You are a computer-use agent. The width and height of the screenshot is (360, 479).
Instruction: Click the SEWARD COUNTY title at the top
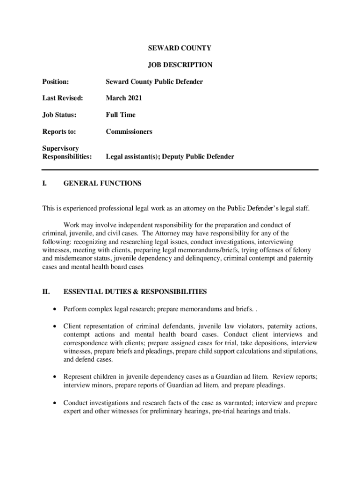pyautogui.click(x=180, y=48)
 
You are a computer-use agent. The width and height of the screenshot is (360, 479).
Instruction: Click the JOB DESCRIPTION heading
pyautogui.click(x=180, y=65)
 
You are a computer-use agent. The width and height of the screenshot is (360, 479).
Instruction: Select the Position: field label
pyautogui.click(x=56, y=82)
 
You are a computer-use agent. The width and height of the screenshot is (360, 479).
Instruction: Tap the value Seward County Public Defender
pyautogui.click(x=154, y=82)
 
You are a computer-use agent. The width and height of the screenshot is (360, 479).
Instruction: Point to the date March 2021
pyautogui.click(x=124, y=98)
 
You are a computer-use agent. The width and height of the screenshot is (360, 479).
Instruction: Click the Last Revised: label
pyautogui.click(x=63, y=98)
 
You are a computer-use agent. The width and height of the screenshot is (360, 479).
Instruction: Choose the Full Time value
pyautogui.click(x=121, y=115)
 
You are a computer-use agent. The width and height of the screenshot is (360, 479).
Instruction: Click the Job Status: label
pyautogui.click(x=59, y=115)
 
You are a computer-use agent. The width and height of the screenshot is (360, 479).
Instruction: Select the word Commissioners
pyautogui.click(x=129, y=131)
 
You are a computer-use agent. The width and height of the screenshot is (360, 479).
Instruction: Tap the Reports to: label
pyautogui.click(x=59, y=131)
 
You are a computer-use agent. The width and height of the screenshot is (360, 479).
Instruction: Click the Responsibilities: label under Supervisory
pyautogui.click(x=67, y=157)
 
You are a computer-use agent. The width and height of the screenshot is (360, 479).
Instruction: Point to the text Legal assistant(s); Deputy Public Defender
pyautogui.click(x=170, y=157)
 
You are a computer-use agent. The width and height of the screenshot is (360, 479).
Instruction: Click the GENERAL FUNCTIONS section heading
pyautogui.click(x=102, y=184)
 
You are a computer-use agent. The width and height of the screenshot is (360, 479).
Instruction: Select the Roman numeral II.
pyautogui.click(x=46, y=292)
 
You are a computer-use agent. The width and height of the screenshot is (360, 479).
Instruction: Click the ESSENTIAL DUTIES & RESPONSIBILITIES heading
pyautogui.click(x=135, y=292)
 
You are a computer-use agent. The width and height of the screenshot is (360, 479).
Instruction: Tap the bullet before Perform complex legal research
pyautogui.click(x=56, y=309)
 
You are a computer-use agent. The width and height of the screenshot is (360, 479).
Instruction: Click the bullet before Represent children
pyautogui.click(x=56, y=377)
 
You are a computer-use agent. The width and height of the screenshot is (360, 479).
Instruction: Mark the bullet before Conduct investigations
pyautogui.click(x=56, y=403)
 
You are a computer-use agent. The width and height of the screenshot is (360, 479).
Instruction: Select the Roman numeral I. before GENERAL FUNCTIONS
pyautogui.click(x=44, y=184)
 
